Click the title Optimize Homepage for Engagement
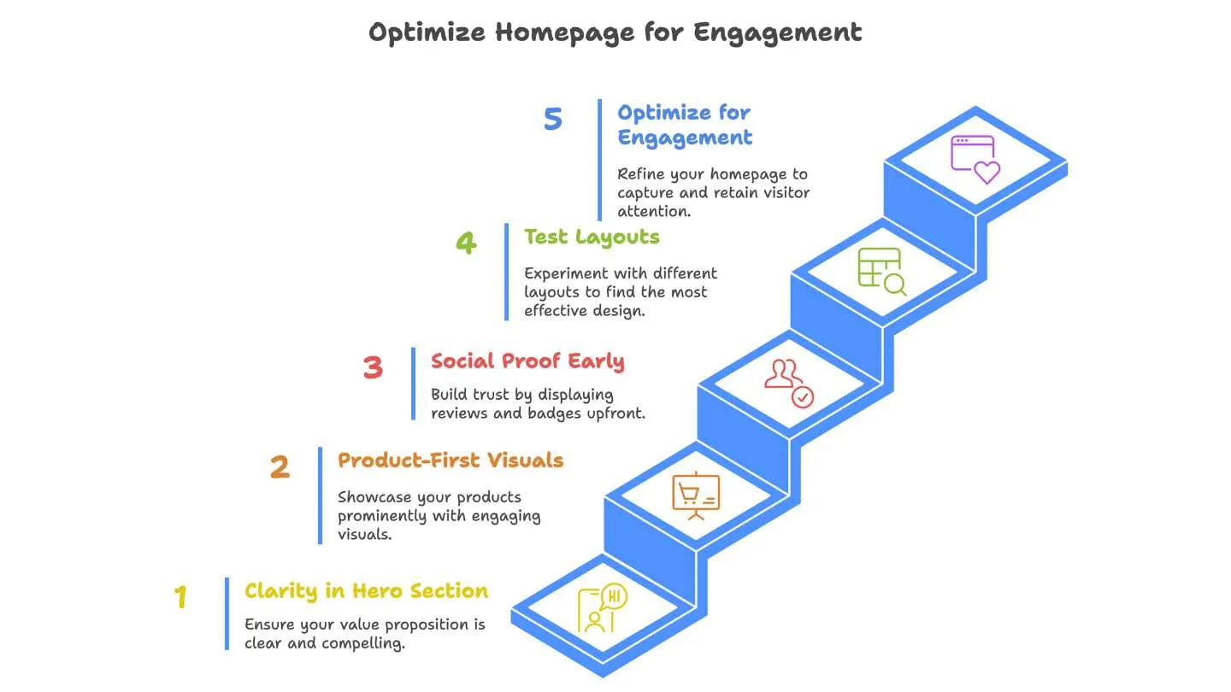tap(615, 32)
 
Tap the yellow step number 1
tap(180, 597)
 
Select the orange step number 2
tap(280, 467)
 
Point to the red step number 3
tap(372, 367)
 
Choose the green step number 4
tap(465, 243)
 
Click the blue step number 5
tap(553, 119)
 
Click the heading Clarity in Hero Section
tap(366, 590)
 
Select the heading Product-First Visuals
tap(450, 460)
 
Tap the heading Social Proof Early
tap(527, 361)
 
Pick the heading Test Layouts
tap(592, 237)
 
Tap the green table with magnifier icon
tap(881, 272)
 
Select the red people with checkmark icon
tap(789, 384)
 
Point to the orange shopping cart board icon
tap(697, 495)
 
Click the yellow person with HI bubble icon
tap(602, 608)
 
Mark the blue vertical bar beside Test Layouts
tap(506, 272)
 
